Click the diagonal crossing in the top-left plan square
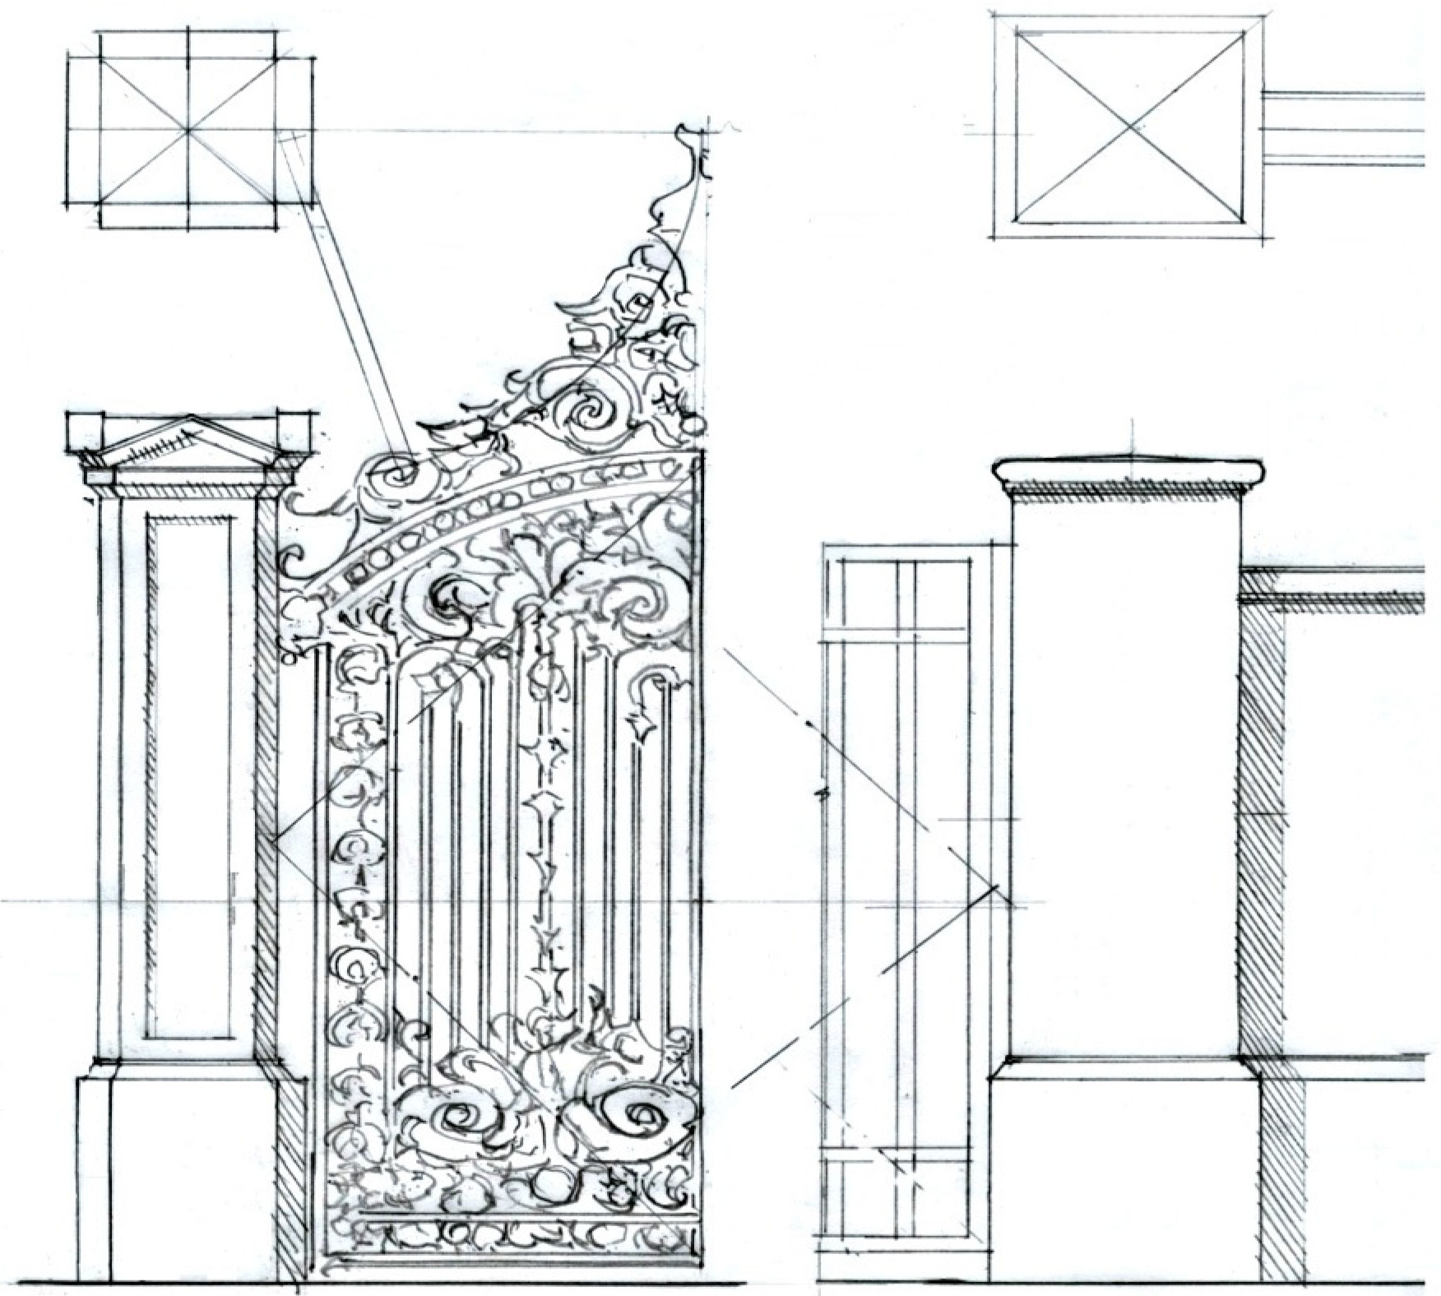click(188, 130)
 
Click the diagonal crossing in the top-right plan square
click(1129, 128)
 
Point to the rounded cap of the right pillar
click(1128, 471)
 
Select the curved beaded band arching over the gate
click(493, 514)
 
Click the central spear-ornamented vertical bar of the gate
click(540, 822)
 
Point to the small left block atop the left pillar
click(85, 428)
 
